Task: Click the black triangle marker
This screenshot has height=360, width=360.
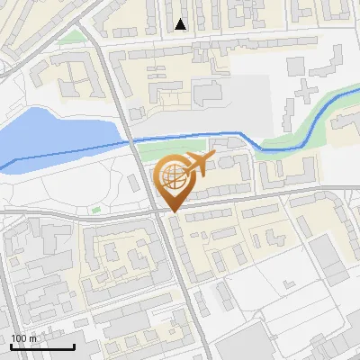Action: (182, 24)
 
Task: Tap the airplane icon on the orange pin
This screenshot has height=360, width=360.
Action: (198, 165)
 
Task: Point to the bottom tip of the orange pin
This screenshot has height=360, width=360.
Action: (172, 211)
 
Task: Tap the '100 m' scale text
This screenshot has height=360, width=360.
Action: (23, 338)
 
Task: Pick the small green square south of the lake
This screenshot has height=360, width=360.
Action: (96, 211)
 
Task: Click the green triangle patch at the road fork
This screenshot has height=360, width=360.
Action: (78, 37)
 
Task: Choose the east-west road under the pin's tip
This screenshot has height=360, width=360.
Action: (234, 200)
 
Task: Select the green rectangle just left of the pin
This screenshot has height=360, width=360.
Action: (148, 156)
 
